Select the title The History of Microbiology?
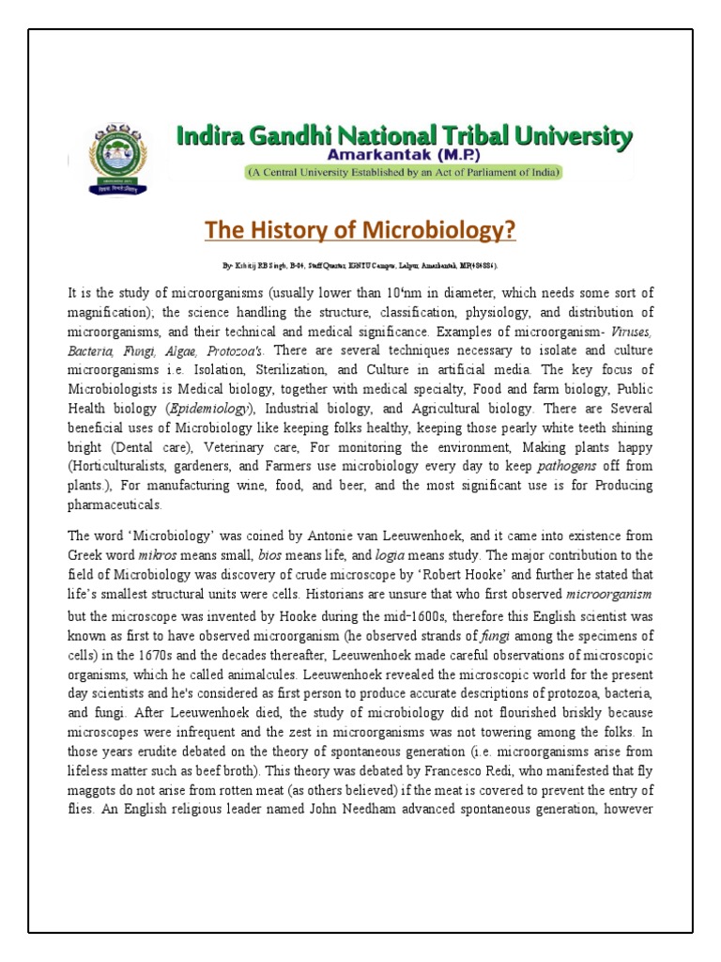(360, 231)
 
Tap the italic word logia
(392, 555)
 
